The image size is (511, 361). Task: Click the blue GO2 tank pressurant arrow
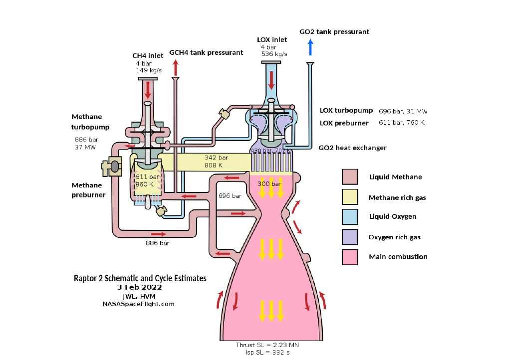(x=310, y=47)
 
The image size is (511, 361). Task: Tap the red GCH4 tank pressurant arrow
(x=176, y=68)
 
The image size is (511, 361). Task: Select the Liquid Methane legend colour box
(x=350, y=177)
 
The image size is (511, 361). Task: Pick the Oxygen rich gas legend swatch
(x=350, y=237)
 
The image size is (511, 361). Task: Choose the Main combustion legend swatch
(x=350, y=257)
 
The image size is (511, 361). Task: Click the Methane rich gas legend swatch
(x=350, y=197)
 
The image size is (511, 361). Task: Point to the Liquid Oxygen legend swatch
(x=350, y=217)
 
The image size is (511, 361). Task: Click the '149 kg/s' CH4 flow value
(x=149, y=70)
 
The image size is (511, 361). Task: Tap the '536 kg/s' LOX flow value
(x=274, y=54)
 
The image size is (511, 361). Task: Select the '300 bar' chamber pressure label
(x=269, y=184)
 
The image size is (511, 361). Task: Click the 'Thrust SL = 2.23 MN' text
(x=267, y=345)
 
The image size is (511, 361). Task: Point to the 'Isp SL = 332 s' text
(x=267, y=353)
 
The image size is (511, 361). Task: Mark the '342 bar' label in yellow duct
(x=216, y=158)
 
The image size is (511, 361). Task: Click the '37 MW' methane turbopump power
(x=85, y=148)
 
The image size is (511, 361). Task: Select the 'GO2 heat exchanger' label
(x=353, y=148)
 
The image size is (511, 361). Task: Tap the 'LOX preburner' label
(x=344, y=123)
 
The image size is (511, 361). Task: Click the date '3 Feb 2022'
(x=140, y=287)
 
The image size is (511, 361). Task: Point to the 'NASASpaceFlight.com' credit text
(x=139, y=304)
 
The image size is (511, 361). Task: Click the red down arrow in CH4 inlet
(x=148, y=90)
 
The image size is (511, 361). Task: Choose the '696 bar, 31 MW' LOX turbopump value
(x=403, y=111)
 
